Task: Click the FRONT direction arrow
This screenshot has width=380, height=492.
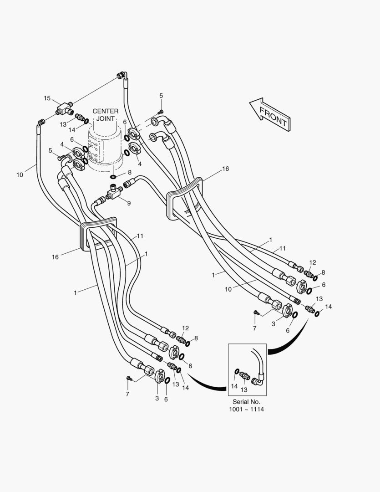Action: [269, 114]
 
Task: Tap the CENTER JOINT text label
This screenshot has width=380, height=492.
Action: [105, 115]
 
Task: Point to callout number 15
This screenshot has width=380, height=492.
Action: [47, 98]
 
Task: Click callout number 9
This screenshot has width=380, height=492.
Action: [128, 203]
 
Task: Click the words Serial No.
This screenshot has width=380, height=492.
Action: [247, 402]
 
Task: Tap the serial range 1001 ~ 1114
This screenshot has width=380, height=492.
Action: [247, 409]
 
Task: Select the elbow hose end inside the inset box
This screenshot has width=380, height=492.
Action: [258, 381]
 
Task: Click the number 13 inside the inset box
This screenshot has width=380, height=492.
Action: [244, 389]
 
